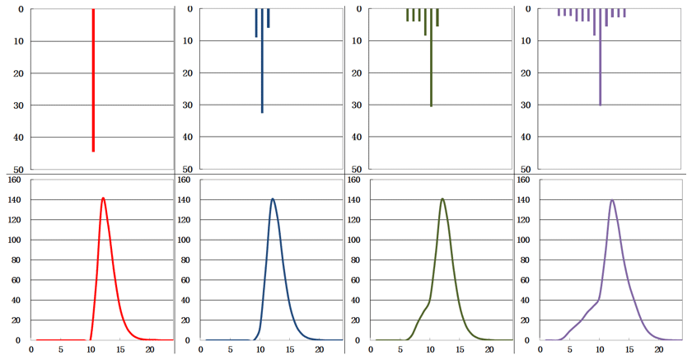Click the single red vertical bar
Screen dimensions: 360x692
[x=93, y=81]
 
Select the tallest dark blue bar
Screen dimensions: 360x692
[x=262, y=61]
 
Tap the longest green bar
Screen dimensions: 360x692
[x=431, y=58]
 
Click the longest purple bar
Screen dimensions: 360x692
[x=601, y=58]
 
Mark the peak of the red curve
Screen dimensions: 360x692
[x=103, y=198]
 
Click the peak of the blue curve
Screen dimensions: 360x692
[x=272, y=199]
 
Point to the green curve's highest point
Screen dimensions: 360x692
[x=442, y=199]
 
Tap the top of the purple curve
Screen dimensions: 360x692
[x=612, y=200]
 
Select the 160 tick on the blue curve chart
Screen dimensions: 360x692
[x=185, y=180]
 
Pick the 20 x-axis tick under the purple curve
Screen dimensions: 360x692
[x=659, y=349]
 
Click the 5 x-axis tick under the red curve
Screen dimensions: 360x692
[x=60, y=349]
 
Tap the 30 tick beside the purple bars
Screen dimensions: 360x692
[x=526, y=105]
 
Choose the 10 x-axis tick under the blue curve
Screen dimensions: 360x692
[x=260, y=349]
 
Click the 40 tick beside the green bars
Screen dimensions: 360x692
[x=357, y=138]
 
